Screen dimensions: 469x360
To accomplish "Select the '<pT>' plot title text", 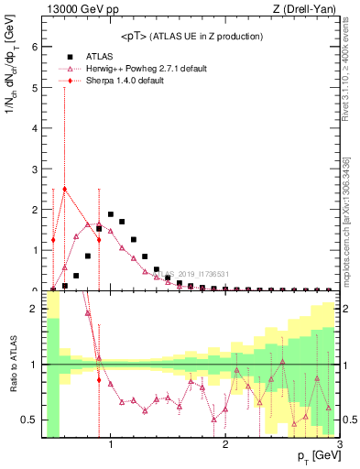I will [x=191, y=37].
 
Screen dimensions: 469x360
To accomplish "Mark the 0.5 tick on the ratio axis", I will [x=30, y=420].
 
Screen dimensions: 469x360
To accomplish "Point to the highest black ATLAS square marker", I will [x=111, y=214].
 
